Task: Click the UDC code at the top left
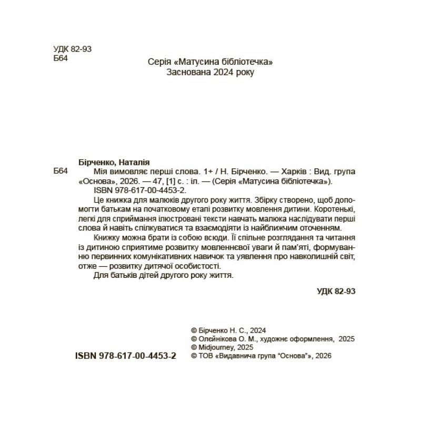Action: pos(73,49)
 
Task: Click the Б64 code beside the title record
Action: pos(61,172)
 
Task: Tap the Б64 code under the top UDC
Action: pos(61,58)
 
